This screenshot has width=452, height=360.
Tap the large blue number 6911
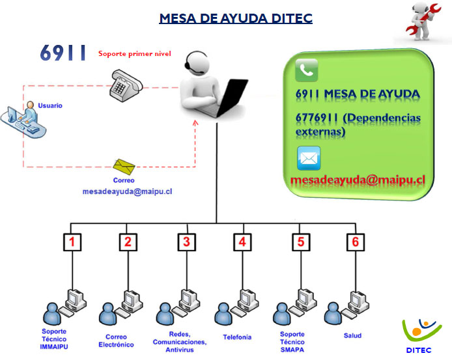(63, 53)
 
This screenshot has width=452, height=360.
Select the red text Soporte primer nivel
(135, 54)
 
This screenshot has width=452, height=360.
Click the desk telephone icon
(124, 87)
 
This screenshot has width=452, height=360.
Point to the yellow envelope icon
(124, 167)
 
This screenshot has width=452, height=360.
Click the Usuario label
(50, 105)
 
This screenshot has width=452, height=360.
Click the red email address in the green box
(358, 180)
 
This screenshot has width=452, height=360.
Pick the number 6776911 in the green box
(317, 118)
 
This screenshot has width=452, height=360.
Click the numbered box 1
(72, 242)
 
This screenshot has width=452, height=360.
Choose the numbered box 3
(187, 242)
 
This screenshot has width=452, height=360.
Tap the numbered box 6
(355, 242)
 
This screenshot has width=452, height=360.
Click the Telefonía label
(237, 337)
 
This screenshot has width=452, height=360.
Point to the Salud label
(352, 336)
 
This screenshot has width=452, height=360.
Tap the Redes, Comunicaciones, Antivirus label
(180, 342)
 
